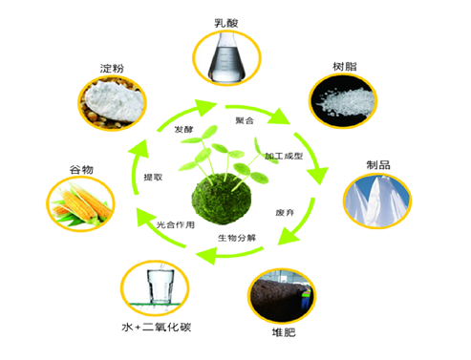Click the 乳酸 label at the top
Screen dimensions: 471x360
(226, 23)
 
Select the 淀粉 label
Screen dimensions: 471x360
(112, 68)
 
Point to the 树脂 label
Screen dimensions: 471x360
(345, 67)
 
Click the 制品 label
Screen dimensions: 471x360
(378, 165)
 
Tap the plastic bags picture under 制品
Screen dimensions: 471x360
(377, 201)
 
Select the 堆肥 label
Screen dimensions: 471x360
(284, 332)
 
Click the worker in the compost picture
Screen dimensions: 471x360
(306, 297)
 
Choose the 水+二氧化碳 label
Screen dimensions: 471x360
(157, 327)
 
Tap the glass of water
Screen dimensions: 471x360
(161, 286)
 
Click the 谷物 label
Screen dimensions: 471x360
(81, 170)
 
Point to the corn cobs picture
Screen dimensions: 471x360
(81, 203)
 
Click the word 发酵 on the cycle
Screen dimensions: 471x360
(183, 129)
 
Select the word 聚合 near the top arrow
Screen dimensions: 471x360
(245, 120)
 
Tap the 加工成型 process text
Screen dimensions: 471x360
(284, 156)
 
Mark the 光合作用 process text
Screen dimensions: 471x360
(176, 225)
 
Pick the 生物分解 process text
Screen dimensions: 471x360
(237, 238)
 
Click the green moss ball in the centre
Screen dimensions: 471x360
(222, 199)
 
